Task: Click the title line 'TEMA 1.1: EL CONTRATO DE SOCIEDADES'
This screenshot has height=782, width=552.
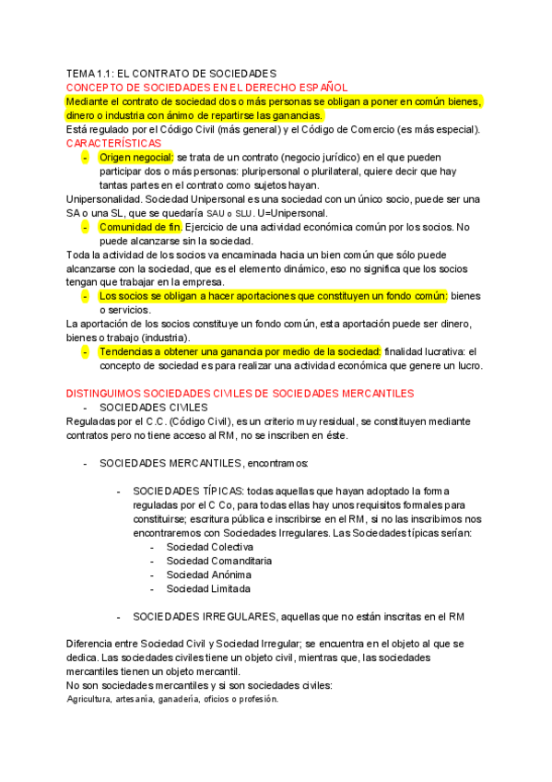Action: coord(171,73)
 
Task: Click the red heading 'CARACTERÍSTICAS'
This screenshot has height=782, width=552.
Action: coord(113,144)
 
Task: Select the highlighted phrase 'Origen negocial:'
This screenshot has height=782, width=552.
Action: coord(136,158)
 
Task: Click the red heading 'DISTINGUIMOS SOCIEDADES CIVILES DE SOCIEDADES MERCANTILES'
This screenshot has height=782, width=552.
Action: coord(241,393)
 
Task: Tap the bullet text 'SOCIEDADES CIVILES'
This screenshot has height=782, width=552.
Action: coord(154,407)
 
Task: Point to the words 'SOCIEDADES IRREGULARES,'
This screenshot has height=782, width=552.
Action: coord(205,616)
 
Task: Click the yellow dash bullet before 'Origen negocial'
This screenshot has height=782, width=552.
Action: coord(85,158)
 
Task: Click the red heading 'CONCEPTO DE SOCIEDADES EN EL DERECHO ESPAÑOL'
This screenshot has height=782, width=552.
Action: coord(206,87)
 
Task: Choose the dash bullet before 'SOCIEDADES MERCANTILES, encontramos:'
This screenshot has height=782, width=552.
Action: coord(85,463)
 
